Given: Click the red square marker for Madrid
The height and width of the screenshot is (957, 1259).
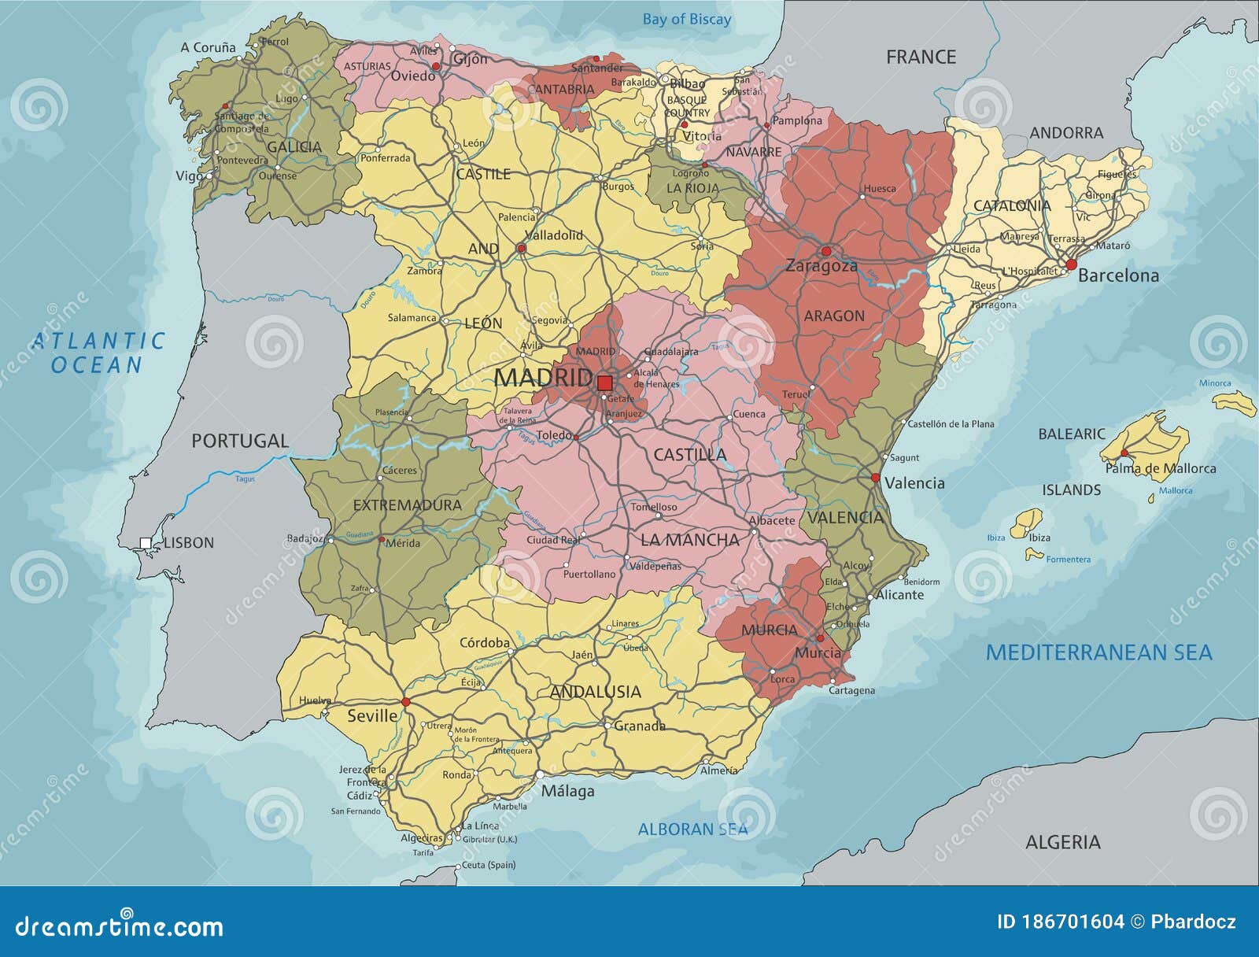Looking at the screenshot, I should pyautogui.click(x=604, y=383).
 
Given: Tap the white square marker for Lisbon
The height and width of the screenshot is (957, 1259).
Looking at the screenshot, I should pyautogui.click(x=146, y=542).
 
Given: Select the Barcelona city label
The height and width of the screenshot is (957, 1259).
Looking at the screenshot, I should pyautogui.click(x=1118, y=275).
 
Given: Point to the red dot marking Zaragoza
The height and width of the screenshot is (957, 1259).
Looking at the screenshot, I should pyautogui.click(x=825, y=251).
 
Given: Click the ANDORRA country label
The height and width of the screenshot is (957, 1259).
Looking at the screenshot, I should pyautogui.click(x=1066, y=133).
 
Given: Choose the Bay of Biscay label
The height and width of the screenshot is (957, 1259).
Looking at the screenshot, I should pyautogui.click(x=686, y=20).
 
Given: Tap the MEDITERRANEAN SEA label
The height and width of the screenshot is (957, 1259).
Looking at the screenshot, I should pyautogui.click(x=1098, y=652).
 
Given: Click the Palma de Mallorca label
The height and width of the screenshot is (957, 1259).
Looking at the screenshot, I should pyautogui.click(x=1161, y=468).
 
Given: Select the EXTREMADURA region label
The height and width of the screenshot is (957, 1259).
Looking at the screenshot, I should pyautogui.click(x=407, y=505).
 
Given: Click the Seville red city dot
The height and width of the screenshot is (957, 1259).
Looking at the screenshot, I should pyautogui.click(x=406, y=701).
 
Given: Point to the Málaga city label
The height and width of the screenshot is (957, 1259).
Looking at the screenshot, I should pyautogui.click(x=567, y=792).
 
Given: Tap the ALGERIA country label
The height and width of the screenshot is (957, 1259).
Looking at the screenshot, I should pyautogui.click(x=1062, y=842).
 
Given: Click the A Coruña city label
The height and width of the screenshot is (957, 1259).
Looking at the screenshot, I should pyautogui.click(x=208, y=48).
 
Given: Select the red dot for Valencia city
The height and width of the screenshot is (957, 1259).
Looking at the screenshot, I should pyautogui.click(x=875, y=478).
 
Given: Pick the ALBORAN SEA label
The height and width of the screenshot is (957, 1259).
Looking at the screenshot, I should pyautogui.click(x=692, y=829).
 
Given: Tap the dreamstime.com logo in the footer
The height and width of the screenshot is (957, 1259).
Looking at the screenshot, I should pyautogui.click(x=120, y=926).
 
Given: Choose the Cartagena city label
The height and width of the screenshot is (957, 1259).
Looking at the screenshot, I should pyautogui.click(x=851, y=690).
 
